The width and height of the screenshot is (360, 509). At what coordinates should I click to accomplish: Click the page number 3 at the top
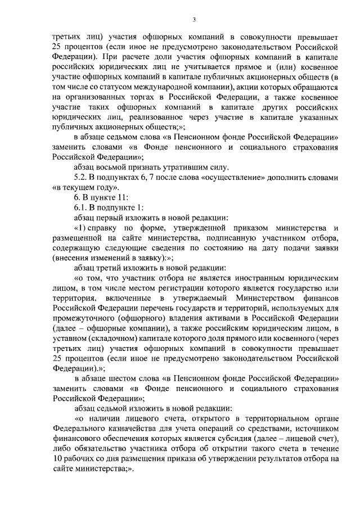pos(193,20)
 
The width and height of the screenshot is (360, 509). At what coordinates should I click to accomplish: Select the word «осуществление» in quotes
pos(245,177)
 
